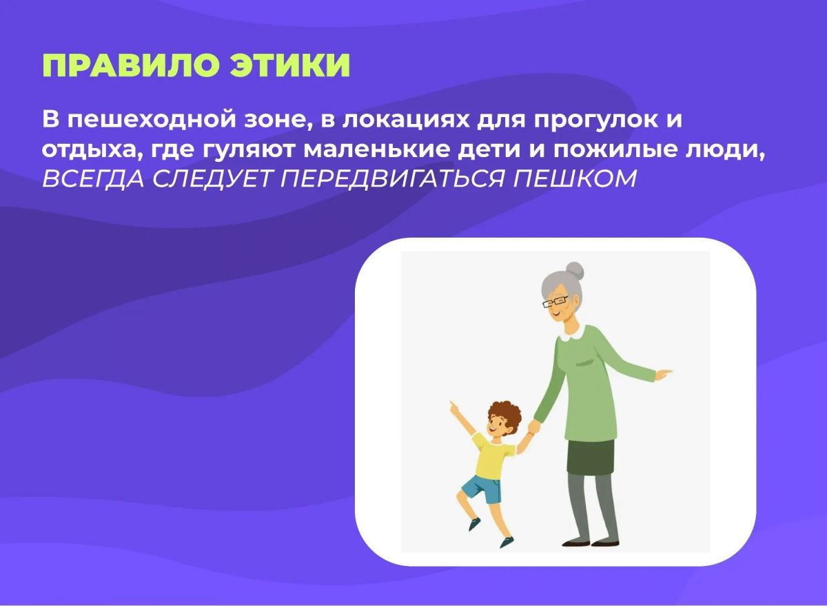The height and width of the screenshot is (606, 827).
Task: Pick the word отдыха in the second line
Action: tap(81, 149)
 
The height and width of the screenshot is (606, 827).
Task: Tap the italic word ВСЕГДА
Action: tap(92, 178)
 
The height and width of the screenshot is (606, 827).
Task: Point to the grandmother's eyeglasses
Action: tap(555, 302)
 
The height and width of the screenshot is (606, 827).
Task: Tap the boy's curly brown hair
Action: tap(504, 413)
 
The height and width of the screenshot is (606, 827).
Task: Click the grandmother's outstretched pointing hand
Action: tap(663, 374)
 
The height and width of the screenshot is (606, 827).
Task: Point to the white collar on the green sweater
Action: tap(573, 334)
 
